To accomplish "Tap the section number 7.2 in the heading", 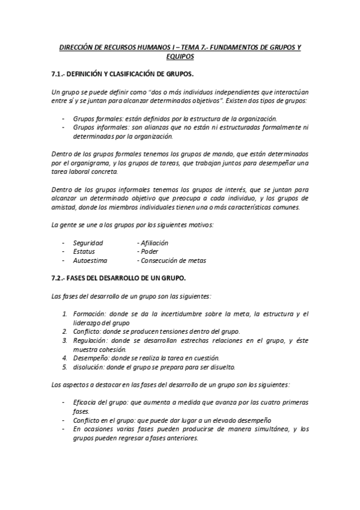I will tap(56, 278).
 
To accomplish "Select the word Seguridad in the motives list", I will tap(88, 242).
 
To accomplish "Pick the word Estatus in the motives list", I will tap(84, 251).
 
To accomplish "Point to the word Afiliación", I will tap(154, 242).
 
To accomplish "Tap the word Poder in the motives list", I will tap(150, 251).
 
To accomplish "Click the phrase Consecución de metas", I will tap(173, 261).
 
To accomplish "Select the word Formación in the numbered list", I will tap(89, 313).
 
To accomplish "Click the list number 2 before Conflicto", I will tap(65, 331).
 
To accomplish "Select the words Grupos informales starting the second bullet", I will tap(97, 127).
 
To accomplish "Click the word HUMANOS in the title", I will tap(135, 47).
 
